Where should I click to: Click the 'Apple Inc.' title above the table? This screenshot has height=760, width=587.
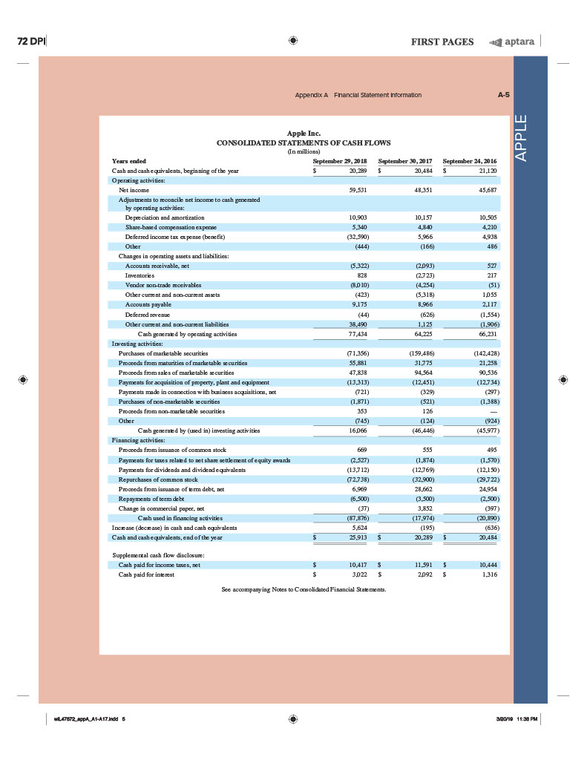click(303, 134)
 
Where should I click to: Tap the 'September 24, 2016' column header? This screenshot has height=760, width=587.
click(470, 160)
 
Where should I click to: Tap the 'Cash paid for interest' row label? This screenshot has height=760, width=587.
click(142, 574)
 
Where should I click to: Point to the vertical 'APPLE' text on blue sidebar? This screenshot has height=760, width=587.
click(528, 137)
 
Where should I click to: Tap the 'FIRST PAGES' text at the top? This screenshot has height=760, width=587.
click(442, 42)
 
